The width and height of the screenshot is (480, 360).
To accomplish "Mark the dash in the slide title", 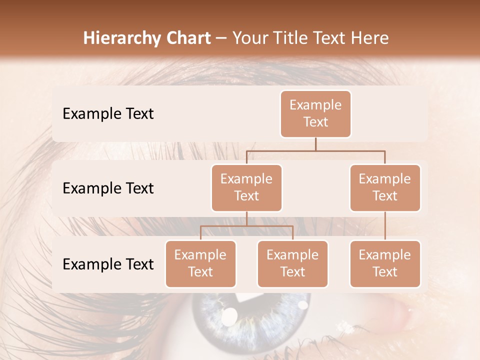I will [221, 39].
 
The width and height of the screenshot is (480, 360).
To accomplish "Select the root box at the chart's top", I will [315, 113].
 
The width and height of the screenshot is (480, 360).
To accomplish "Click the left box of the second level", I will [246, 187].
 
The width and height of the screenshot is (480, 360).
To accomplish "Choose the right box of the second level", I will [385, 187].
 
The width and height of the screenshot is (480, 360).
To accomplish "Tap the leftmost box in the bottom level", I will [200, 263].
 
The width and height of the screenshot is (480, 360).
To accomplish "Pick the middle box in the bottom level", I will [292, 263].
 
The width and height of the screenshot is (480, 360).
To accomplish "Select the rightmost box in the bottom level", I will [385, 263].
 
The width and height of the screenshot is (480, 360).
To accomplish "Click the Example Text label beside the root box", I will [108, 114].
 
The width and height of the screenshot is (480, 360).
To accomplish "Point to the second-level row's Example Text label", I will [108, 188].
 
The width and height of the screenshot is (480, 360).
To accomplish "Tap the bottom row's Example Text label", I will [108, 264].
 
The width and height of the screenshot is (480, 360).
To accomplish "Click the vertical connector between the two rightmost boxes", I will [385, 226].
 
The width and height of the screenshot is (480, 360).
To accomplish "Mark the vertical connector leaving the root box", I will [315, 144].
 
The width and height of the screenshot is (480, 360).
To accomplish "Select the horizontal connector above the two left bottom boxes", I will [246, 226].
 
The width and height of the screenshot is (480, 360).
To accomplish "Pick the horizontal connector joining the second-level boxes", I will [315, 150].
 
